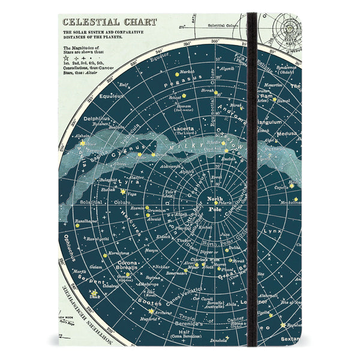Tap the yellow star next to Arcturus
point(151,311)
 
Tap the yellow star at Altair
point(82,143)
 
